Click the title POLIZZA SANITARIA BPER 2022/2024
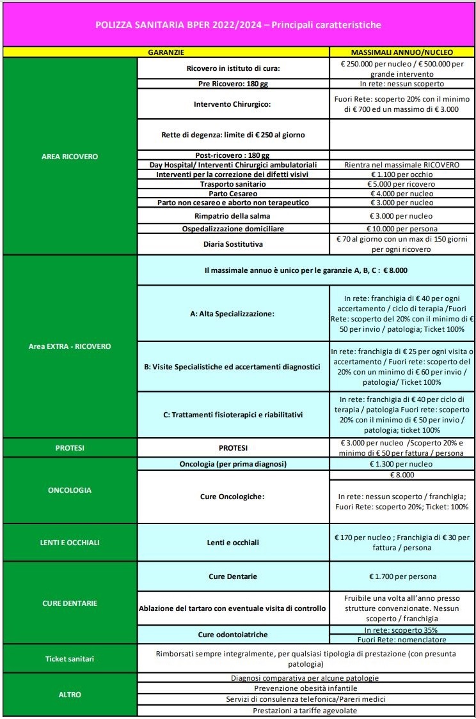pos(238,25)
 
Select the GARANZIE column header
pos(166,51)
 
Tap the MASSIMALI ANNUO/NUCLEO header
pos(402,51)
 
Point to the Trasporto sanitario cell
pos(233,184)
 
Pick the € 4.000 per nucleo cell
pos(402,193)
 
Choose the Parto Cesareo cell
pos(233,193)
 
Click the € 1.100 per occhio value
pos(402,174)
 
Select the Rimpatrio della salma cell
pos(233,215)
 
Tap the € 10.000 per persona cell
pos(402,228)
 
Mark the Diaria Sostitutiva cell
pos(233,244)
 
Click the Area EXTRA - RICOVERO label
pos(70,346)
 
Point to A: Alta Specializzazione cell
pos(233,314)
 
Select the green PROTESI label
pos(70,448)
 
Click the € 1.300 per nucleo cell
pos(402,464)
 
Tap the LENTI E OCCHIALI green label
pos(70,543)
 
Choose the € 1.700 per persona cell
pos(402,576)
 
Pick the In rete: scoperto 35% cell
pos(402,630)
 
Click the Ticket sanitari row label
pos(70,658)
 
